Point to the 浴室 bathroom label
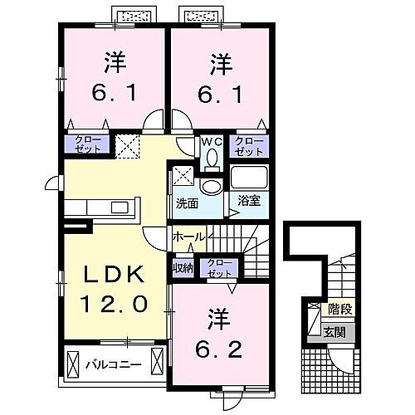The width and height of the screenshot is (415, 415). click(x=248, y=201)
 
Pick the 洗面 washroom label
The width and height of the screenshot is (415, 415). click(x=186, y=203)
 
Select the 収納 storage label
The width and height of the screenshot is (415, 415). click(x=183, y=268)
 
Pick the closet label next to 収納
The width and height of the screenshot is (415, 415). click(x=219, y=268)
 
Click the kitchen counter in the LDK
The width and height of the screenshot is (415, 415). click(x=96, y=206)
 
